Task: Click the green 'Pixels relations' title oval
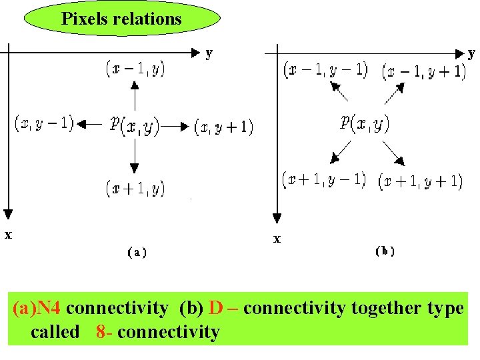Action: pos(121,18)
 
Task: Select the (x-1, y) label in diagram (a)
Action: pos(135,68)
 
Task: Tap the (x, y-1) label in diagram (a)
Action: pos(44,123)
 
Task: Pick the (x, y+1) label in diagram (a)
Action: pos(224,126)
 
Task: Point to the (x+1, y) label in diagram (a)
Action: pos(135,189)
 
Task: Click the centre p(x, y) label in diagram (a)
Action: pos(135,125)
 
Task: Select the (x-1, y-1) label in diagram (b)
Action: pos(325,69)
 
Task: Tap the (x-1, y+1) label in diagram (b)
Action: pos(423,71)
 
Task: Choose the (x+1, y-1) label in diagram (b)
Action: pos(324,180)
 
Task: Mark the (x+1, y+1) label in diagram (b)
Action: pos(421,181)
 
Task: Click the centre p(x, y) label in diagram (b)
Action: pos(365,123)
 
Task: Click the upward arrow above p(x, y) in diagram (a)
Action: pos(135,94)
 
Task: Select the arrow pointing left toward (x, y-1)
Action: pos(90,123)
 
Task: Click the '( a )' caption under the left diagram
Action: pos(137,252)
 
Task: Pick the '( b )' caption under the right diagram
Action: pos(385,251)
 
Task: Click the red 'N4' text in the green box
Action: pos(49,308)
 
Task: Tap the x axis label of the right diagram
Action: pos(277,239)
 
